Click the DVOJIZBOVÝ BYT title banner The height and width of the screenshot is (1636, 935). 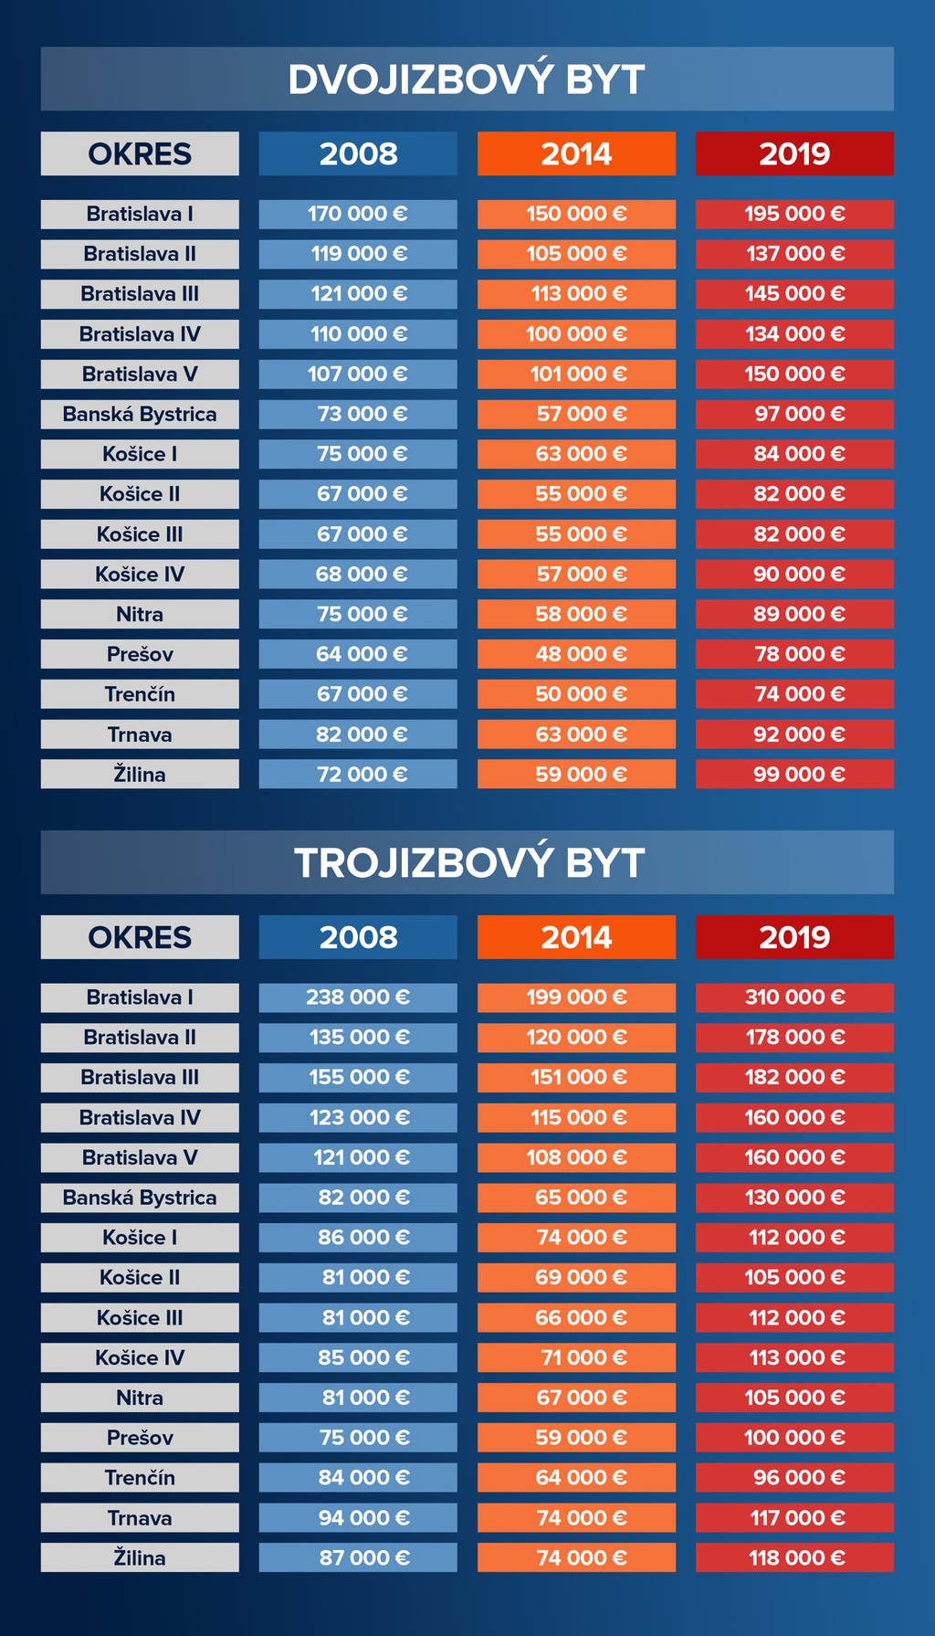(x=467, y=79)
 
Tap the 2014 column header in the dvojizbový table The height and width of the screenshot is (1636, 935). (x=576, y=153)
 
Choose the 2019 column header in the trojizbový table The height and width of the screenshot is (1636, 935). (x=794, y=937)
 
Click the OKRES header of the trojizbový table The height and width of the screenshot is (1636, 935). (x=140, y=937)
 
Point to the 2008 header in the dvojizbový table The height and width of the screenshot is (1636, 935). (x=358, y=153)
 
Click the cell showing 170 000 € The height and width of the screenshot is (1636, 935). (x=358, y=214)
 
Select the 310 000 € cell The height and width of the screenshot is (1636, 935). (x=794, y=997)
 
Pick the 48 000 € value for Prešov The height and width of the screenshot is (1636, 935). (x=576, y=654)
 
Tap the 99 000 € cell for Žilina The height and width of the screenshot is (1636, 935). (x=794, y=775)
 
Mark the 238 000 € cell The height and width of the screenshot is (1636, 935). (x=358, y=997)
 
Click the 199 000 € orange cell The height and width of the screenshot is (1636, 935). (x=576, y=997)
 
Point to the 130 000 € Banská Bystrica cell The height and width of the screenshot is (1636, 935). (x=794, y=1198)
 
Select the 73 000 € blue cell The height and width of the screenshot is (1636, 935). (x=358, y=414)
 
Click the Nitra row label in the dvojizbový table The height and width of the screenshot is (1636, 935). (x=140, y=614)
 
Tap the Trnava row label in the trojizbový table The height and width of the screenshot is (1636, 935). (x=140, y=1518)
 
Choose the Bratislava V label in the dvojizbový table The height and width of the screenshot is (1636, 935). (x=140, y=374)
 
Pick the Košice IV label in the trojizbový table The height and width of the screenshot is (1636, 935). (x=140, y=1357)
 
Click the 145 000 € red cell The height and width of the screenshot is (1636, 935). (x=794, y=294)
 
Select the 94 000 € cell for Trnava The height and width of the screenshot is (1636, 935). (x=358, y=1518)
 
